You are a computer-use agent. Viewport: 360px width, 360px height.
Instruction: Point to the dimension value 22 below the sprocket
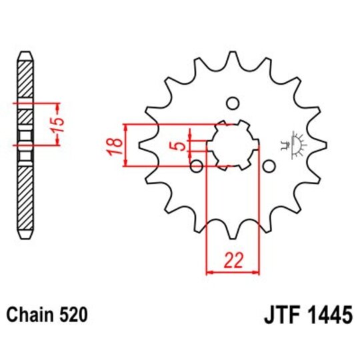(233, 261)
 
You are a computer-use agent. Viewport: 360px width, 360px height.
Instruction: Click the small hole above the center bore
(233, 103)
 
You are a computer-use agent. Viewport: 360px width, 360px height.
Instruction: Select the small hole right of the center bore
(269, 165)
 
